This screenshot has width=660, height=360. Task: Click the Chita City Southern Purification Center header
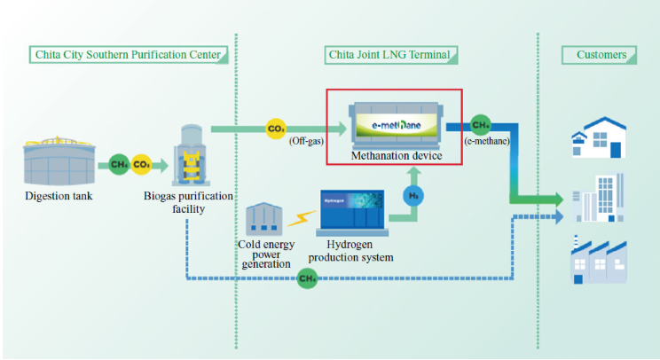click(x=128, y=55)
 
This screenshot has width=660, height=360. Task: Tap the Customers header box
click(x=601, y=55)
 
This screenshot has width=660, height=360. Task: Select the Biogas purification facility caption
click(x=189, y=201)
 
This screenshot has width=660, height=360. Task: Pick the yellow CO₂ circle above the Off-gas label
click(x=277, y=129)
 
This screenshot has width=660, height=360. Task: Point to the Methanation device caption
click(x=394, y=156)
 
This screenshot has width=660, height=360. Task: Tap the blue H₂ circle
click(x=413, y=194)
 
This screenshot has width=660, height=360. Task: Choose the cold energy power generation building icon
click(x=263, y=219)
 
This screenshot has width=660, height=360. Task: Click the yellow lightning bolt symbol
click(x=300, y=218)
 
